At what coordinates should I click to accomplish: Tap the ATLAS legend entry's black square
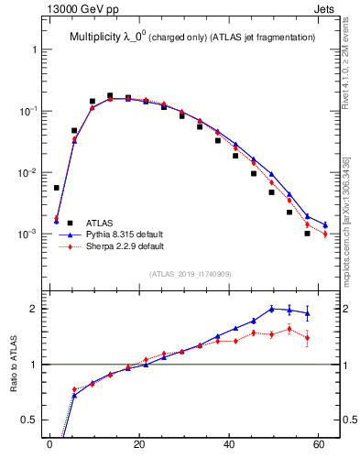pyautogui.click(x=70, y=223)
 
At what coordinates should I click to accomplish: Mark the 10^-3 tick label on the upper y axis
pyautogui.click(x=27, y=234)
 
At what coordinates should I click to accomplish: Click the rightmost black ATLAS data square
pyautogui.click(x=308, y=234)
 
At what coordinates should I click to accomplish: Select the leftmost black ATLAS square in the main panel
pyautogui.click(x=56, y=188)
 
